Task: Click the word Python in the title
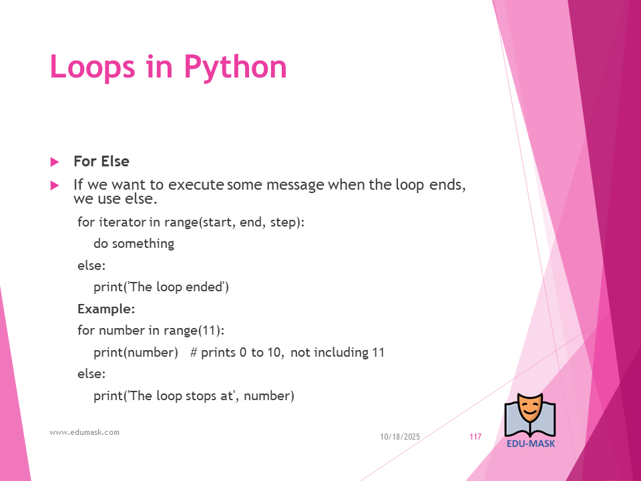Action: pos(235,67)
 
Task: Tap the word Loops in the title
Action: pos(92,66)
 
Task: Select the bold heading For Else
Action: pos(101,161)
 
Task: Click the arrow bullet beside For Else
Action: pos(55,162)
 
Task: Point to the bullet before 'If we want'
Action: pos(55,186)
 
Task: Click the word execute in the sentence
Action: pos(196,185)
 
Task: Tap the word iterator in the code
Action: pos(122,222)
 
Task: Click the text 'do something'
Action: pos(134,244)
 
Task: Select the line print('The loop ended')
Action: pos(161,287)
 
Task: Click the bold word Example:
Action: pos(106,309)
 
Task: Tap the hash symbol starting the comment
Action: pos(194,353)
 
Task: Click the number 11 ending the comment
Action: pos(378,353)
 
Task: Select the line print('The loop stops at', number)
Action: pos(194,396)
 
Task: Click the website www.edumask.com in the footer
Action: pos(84,432)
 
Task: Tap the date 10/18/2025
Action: pos(400,437)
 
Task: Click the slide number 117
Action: pos(475,437)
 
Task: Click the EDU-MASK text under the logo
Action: pos(531,444)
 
